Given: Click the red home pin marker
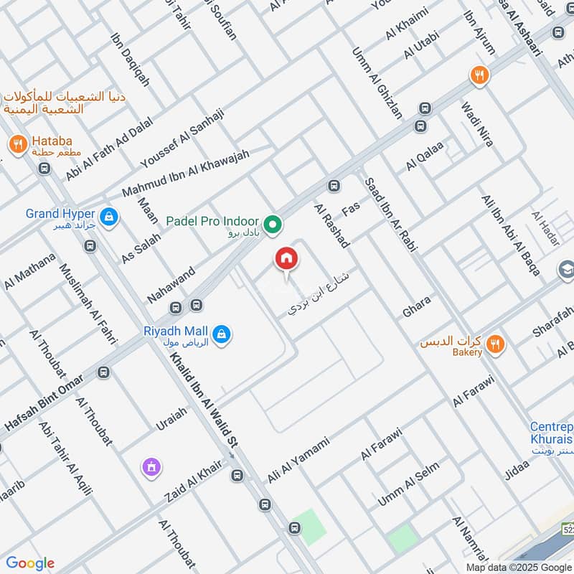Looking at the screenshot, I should coord(286,260).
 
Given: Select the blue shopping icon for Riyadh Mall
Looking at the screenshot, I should coord(222,334).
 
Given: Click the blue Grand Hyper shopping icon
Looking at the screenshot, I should coord(108,216).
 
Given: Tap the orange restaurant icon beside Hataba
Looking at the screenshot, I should coord(18,144).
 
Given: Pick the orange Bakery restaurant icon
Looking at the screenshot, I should coord(494,346).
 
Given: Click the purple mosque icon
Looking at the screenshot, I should coord(151,467).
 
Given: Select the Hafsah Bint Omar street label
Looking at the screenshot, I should coord(44,405).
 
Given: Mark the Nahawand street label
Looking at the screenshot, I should coord(171,279).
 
